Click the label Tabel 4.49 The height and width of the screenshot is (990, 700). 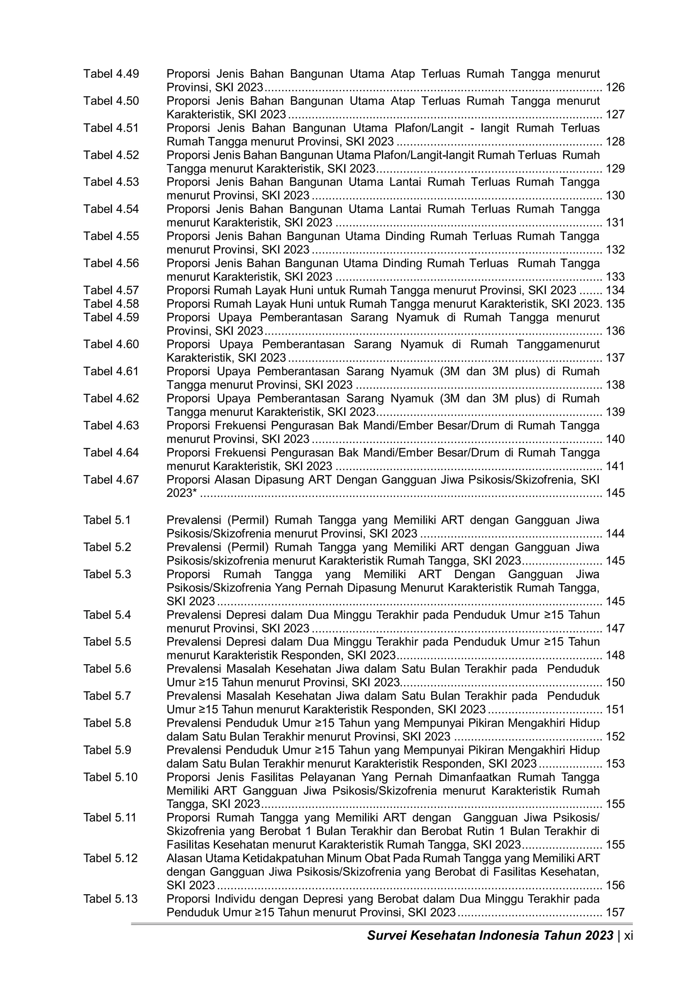(111, 74)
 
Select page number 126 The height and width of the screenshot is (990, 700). (615, 88)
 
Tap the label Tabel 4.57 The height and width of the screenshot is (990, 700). (111, 291)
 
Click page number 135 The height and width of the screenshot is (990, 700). (615, 304)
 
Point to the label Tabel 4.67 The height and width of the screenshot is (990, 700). (111, 480)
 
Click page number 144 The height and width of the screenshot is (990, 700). (615, 534)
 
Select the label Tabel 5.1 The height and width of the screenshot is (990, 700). (107, 520)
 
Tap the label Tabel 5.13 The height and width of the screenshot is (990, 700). (110, 899)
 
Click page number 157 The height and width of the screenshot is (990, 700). (615, 912)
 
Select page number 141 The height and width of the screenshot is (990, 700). (615, 466)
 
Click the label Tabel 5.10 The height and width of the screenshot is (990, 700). (110, 777)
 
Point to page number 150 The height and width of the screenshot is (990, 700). (615, 683)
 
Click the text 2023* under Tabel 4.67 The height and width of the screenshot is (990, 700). (181, 493)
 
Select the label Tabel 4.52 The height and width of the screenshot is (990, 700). (111, 155)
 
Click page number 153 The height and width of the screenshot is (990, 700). (615, 764)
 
